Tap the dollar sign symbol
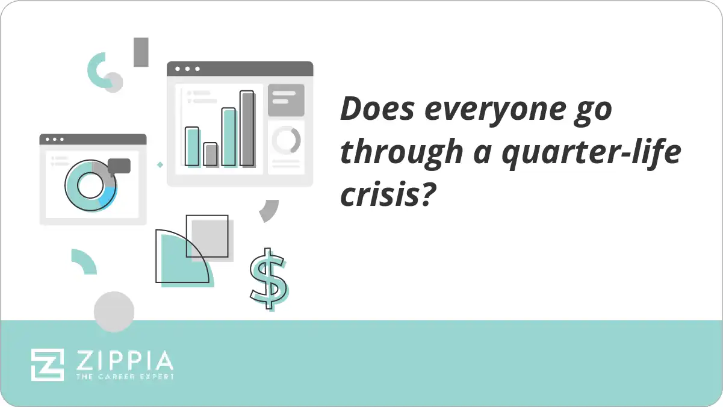pyautogui.click(x=268, y=278)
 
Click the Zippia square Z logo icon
pyautogui.click(x=48, y=364)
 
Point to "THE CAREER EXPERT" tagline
pyautogui.click(x=125, y=376)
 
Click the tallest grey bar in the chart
pyautogui.click(x=247, y=128)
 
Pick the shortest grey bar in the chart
pyautogui.click(x=210, y=154)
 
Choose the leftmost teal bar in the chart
pyautogui.click(x=192, y=146)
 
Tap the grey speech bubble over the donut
pyautogui.click(x=119, y=166)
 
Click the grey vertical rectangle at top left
pyautogui.click(x=141, y=52)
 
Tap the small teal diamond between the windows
pyautogui.click(x=160, y=164)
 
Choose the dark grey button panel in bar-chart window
pyautogui.click(x=286, y=100)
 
